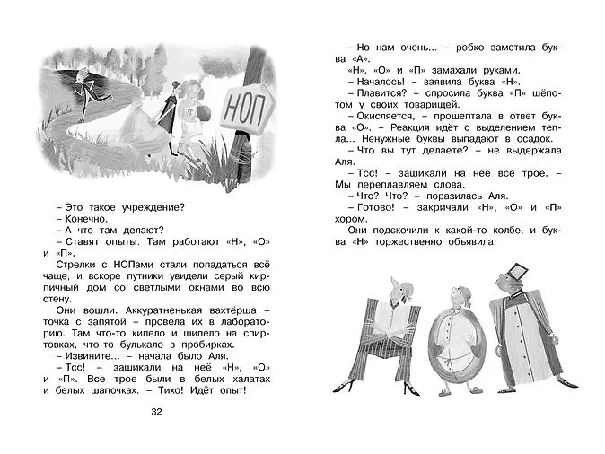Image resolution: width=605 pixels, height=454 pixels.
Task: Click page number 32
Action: [158, 412]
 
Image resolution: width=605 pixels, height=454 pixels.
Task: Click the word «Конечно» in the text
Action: [84, 218]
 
